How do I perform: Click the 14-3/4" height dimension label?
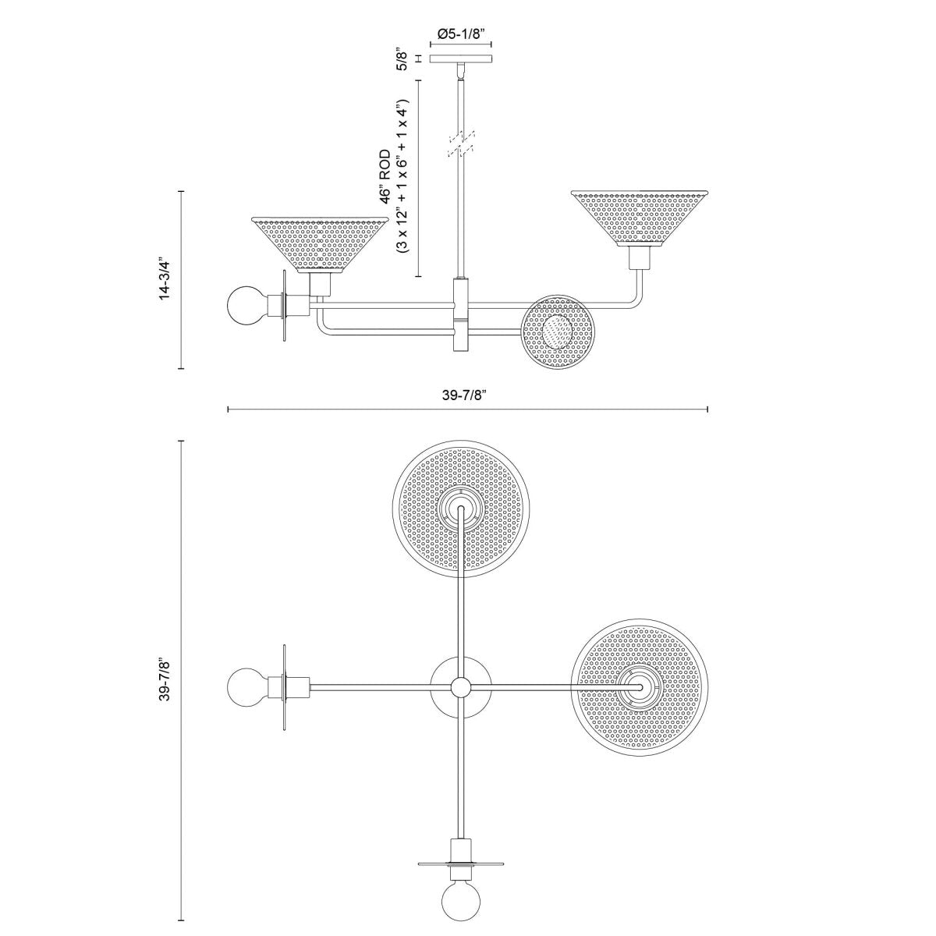165,278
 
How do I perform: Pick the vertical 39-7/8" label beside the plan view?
165,682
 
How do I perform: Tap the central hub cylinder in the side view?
461,315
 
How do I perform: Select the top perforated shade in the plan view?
463,508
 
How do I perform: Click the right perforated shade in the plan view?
640,686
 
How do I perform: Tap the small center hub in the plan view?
461,686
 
